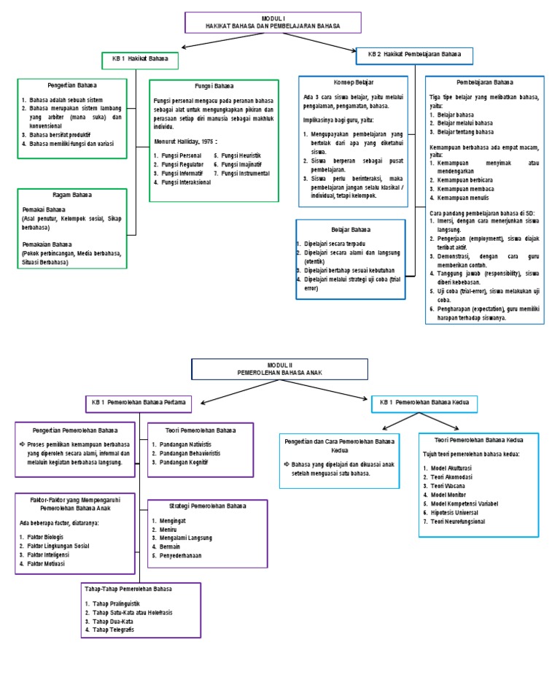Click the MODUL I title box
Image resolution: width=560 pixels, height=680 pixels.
click(x=273, y=22)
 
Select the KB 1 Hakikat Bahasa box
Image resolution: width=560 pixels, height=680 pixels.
click(x=139, y=58)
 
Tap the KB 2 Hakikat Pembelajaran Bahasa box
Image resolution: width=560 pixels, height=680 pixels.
click(x=414, y=55)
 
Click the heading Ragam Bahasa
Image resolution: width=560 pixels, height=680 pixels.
click(x=72, y=195)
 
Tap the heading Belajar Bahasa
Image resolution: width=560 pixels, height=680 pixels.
click(x=351, y=228)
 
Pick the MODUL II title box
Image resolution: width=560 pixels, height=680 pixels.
click(x=279, y=368)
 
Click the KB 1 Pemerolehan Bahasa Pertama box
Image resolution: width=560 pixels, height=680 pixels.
click(x=139, y=402)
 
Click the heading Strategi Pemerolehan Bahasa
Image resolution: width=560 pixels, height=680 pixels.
click(x=207, y=506)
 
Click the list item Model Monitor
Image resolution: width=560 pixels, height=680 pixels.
click(x=451, y=495)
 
